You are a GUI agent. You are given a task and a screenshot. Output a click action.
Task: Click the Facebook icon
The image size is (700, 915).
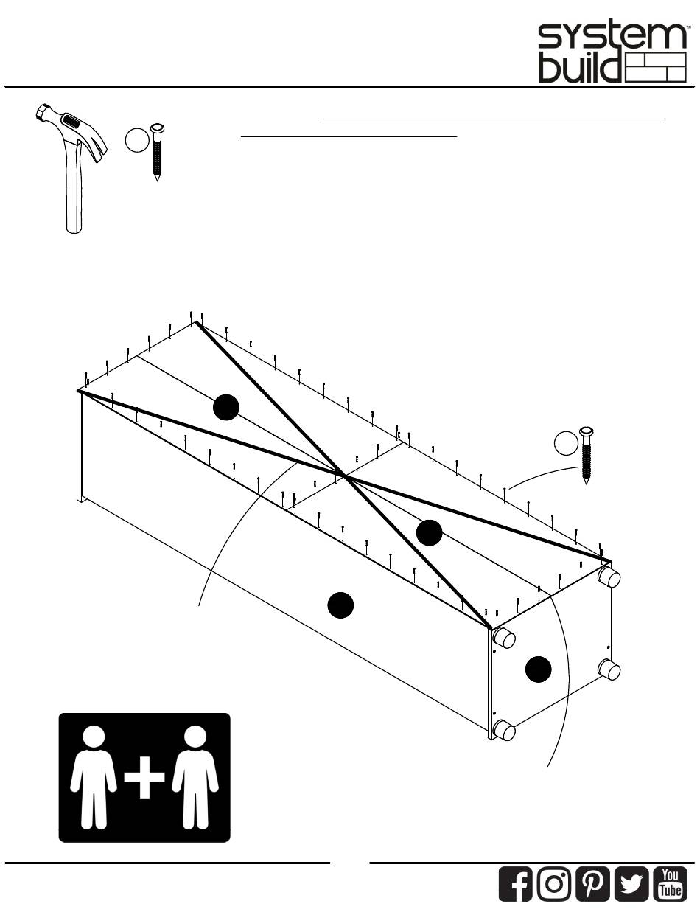[x=516, y=883]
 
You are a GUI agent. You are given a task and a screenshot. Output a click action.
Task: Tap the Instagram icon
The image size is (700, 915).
[x=554, y=883]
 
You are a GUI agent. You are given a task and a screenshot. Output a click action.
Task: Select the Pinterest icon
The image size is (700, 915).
[x=592, y=883]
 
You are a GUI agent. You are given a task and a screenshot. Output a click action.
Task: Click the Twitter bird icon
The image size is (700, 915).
[x=631, y=883]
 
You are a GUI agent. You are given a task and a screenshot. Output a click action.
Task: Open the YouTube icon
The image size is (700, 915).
[x=670, y=883]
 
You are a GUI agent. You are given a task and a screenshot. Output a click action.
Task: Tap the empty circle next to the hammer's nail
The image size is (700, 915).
[x=136, y=141]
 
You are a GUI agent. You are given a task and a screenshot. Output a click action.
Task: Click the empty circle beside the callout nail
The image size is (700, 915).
[x=567, y=444]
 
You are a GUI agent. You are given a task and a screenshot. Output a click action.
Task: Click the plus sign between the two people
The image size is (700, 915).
[x=144, y=778]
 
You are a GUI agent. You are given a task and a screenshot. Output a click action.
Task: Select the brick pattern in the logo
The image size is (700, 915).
[x=654, y=68]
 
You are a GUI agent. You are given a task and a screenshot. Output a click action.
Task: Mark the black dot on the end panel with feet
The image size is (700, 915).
[x=539, y=669]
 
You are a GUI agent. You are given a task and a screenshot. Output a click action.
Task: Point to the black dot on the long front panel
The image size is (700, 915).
[x=340, y=605]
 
